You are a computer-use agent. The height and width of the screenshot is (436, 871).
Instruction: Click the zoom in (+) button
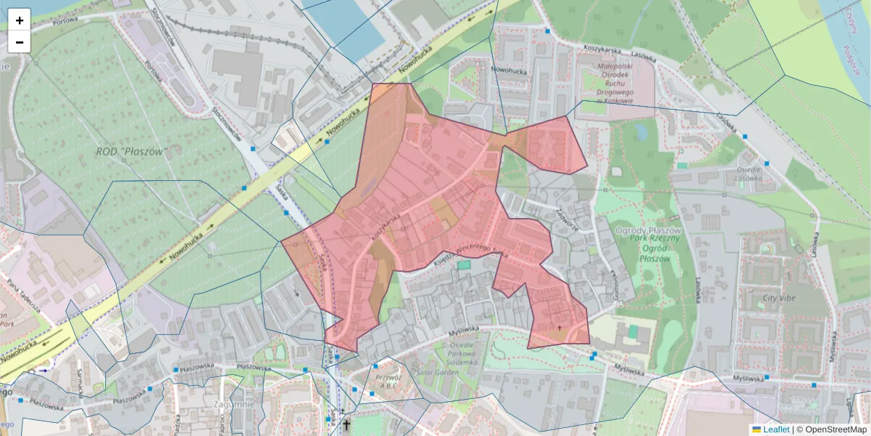click(20, 20)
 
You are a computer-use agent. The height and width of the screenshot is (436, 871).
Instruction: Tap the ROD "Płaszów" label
click(131, 153)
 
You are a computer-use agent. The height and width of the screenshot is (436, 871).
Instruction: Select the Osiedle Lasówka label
click(748, 171)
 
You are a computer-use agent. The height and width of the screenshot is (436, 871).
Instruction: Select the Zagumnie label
click(234, 404)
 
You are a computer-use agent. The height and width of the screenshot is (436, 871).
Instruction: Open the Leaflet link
click(774, 429)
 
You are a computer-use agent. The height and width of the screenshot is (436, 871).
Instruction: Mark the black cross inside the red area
click(559, 329)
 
